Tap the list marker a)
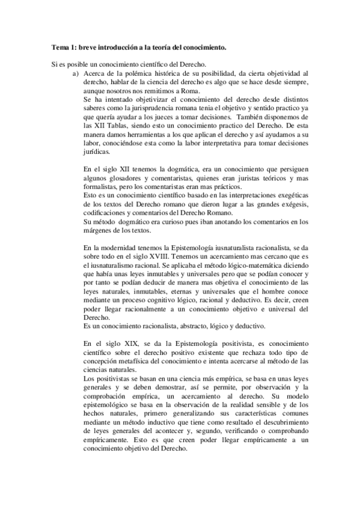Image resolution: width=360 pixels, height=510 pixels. click(75, 73)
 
